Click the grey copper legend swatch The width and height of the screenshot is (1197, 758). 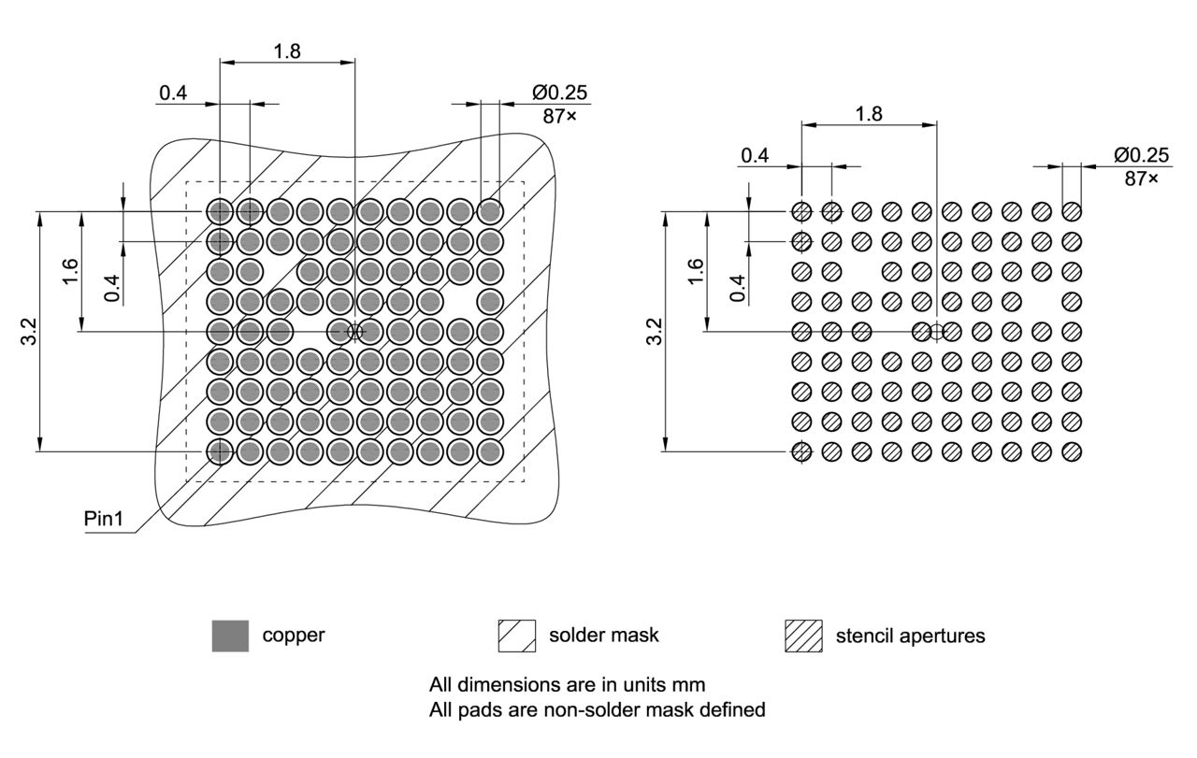[x=230, y=636]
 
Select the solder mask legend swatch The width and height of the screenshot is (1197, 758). [x=517, y=636]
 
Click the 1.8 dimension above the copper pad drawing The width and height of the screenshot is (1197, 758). [x=287, y=51]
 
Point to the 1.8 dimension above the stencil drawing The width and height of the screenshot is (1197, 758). [x=869, y=114]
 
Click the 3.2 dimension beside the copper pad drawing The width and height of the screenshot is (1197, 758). [x=27, y=331]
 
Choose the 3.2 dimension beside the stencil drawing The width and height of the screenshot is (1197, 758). [x=655, y=331]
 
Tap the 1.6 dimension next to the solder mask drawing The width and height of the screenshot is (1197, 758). [x=70, y=271]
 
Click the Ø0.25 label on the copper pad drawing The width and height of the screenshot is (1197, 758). [x=560, y=93]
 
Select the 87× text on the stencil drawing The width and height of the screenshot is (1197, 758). [x=1141, y=178]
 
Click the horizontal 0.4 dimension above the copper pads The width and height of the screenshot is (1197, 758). [x=173, y=93]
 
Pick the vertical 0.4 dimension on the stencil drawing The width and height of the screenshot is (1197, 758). [x=739, y=287]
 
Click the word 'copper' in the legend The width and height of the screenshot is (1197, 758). [x=294, y=636]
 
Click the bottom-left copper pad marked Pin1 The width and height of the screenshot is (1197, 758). [x=219, y=452]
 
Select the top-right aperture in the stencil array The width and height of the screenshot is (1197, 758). [x=1072, y=211]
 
